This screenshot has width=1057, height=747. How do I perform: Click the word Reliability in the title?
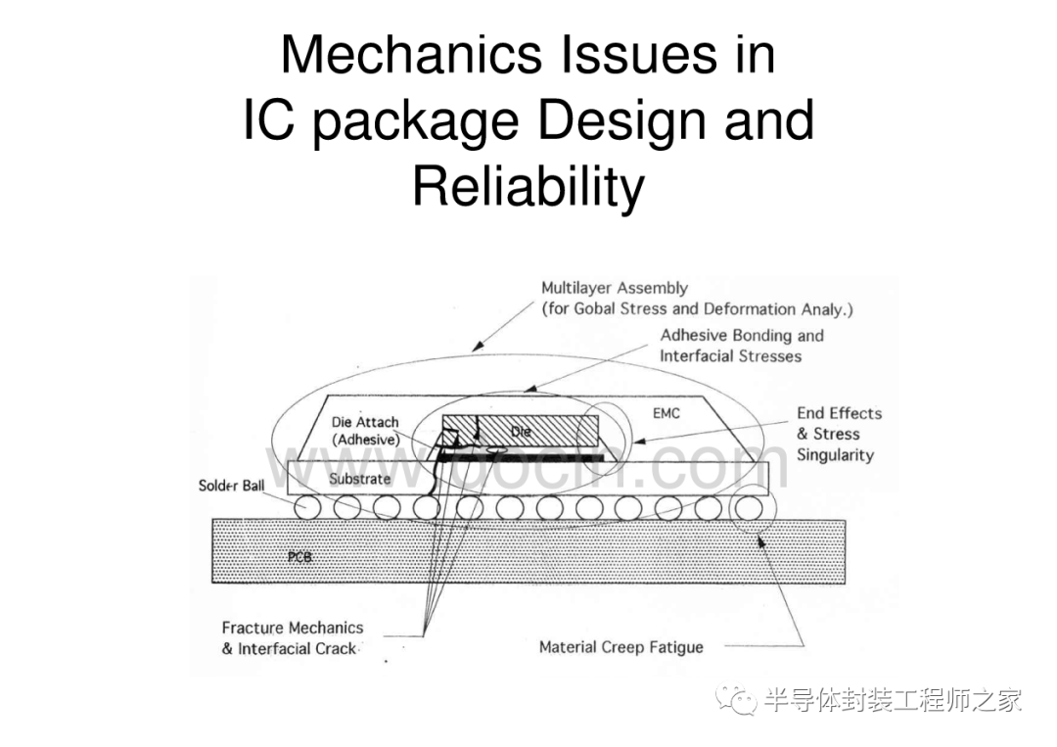(x=528, y=186)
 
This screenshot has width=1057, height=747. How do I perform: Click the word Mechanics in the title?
(x=411, y=54)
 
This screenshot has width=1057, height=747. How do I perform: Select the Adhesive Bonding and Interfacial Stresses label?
(x=742, y=346)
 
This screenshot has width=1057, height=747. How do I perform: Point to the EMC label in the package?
(x=666, y=413)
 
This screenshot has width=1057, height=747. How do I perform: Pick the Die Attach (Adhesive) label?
(x=365, y=431)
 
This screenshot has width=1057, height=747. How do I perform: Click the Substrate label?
(x=359, y=479)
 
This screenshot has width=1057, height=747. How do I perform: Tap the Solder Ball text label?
(x=231, y=486)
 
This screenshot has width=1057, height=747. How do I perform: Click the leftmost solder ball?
(x=307, y=507)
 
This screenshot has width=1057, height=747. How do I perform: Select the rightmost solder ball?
(x=749, y=507)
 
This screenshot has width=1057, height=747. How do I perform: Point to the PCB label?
(x=299, y=557)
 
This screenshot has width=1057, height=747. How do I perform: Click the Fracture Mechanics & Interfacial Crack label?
(x=293, y=638)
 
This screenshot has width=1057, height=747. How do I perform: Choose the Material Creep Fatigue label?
(x=620, y=647)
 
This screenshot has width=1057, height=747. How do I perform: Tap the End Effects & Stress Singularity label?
(x=840, y=434)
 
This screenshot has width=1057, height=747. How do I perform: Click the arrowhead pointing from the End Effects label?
(x=638, y=442)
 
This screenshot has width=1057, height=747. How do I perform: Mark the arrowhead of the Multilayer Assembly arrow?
(x=478, y=347)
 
